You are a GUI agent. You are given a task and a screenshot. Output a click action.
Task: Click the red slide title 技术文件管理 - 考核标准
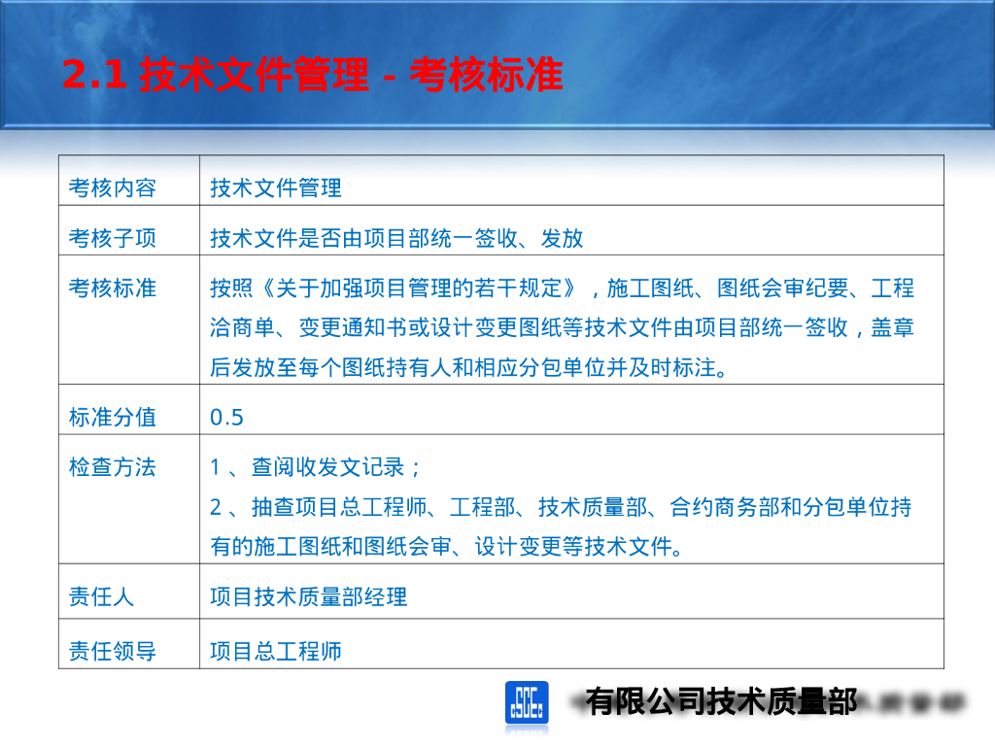(312, 76)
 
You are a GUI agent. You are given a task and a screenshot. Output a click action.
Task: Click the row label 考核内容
(112, 187)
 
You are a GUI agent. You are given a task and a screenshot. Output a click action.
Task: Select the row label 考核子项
(112, 237)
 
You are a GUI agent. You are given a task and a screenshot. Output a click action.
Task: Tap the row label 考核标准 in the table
(112, 288)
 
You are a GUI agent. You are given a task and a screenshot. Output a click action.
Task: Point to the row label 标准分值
(112, 418)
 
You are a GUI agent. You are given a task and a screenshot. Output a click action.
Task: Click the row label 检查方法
(112, 467)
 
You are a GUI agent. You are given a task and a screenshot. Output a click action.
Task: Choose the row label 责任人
(101, 596)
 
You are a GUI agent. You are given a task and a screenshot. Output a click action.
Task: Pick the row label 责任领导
(112, 651)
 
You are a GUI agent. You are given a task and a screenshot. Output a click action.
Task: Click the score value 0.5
(226, 418)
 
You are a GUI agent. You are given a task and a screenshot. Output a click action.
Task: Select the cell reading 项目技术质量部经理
(308, 596)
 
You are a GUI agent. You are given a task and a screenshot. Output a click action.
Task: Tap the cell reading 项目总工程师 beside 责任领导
(276, 651)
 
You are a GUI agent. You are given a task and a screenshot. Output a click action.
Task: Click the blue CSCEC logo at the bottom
(527, 701)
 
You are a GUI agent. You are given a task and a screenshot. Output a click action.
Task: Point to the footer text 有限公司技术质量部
(721, 700)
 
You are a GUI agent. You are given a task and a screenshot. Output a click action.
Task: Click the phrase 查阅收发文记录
(326, 467)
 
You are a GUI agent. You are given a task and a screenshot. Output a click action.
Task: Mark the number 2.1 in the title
(94, 76)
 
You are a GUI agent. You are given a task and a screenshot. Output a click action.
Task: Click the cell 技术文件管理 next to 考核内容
(276, 187)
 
